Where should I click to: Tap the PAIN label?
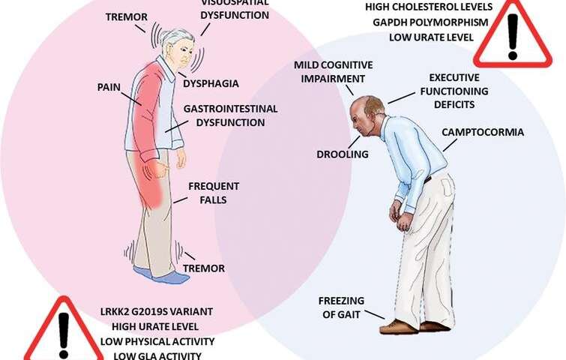pos(109,86)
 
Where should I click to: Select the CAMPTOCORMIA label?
pos(482,133)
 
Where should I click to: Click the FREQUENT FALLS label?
pos(213,193)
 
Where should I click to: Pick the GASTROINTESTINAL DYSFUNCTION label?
pos(223,115)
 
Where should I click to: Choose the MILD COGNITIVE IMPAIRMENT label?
pos(330,71)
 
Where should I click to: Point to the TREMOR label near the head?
pos(126,16)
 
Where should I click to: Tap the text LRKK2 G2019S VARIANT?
pos(156,310)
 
